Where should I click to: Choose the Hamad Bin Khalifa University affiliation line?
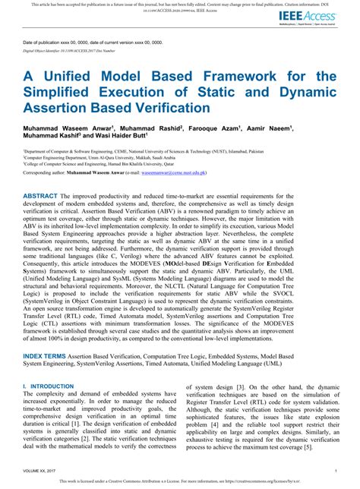(98, 163)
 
